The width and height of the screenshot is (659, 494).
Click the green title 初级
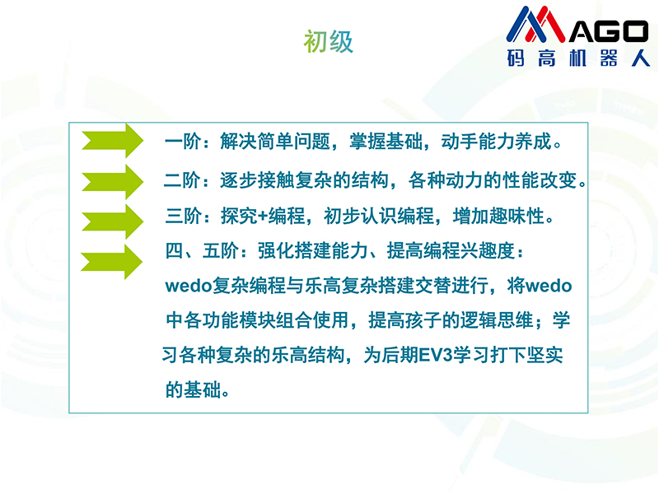[328, 41]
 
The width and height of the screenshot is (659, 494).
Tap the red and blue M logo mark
[536, 24]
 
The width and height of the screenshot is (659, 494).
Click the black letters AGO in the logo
[609, 31]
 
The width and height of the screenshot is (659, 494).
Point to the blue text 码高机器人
[578, 58]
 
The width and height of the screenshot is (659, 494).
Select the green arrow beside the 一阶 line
[112, 140]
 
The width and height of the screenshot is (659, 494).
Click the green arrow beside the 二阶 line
[112, 181]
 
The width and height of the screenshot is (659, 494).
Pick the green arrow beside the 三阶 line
[112, 221]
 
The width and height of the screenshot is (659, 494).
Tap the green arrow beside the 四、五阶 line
[111, 262]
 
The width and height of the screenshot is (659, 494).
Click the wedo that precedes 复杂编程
[189, 286]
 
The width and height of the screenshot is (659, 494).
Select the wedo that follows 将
[549, 286]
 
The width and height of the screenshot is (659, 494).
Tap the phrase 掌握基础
[386, 142]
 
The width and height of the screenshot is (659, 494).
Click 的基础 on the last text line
[193, 389]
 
